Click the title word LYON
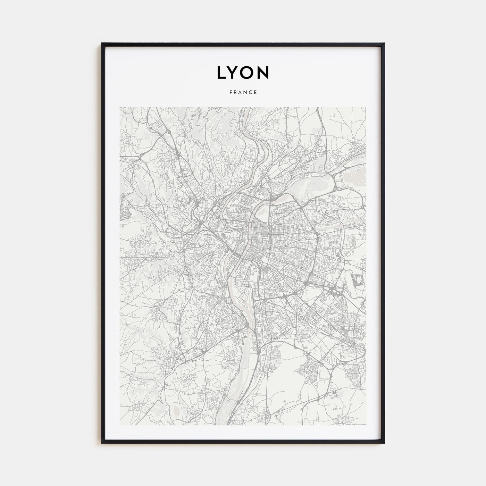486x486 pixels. pos(243,72)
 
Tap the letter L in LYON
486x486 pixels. pos(222,72)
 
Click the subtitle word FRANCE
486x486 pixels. pos(243,92)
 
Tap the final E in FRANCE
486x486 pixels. pos(255,92)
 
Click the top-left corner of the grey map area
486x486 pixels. pos(120,107)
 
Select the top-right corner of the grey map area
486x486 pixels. pos(366,107)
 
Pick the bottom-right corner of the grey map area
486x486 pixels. pos(366,425)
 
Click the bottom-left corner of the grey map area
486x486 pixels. pos(120,425)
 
